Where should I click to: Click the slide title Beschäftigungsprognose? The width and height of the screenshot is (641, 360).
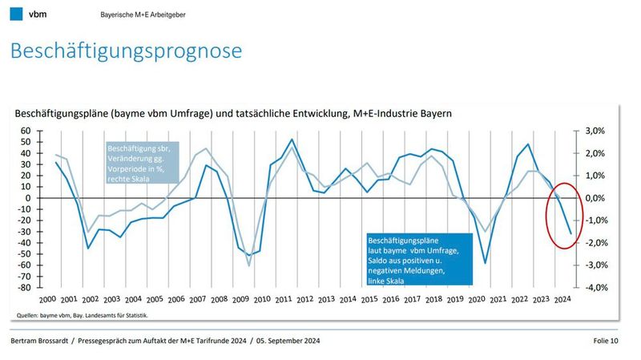(x=126, y=51)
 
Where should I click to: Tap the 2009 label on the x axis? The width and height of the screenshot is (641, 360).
(x=240, y=298)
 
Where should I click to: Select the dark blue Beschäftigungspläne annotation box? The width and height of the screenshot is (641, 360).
(x=417, y=258)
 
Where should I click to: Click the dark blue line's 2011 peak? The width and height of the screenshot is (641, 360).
(x=291, y=140)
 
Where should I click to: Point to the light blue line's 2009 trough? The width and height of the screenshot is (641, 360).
(x=249, y=265)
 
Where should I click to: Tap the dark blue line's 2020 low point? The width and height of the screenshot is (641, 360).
(x=485, y=262)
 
